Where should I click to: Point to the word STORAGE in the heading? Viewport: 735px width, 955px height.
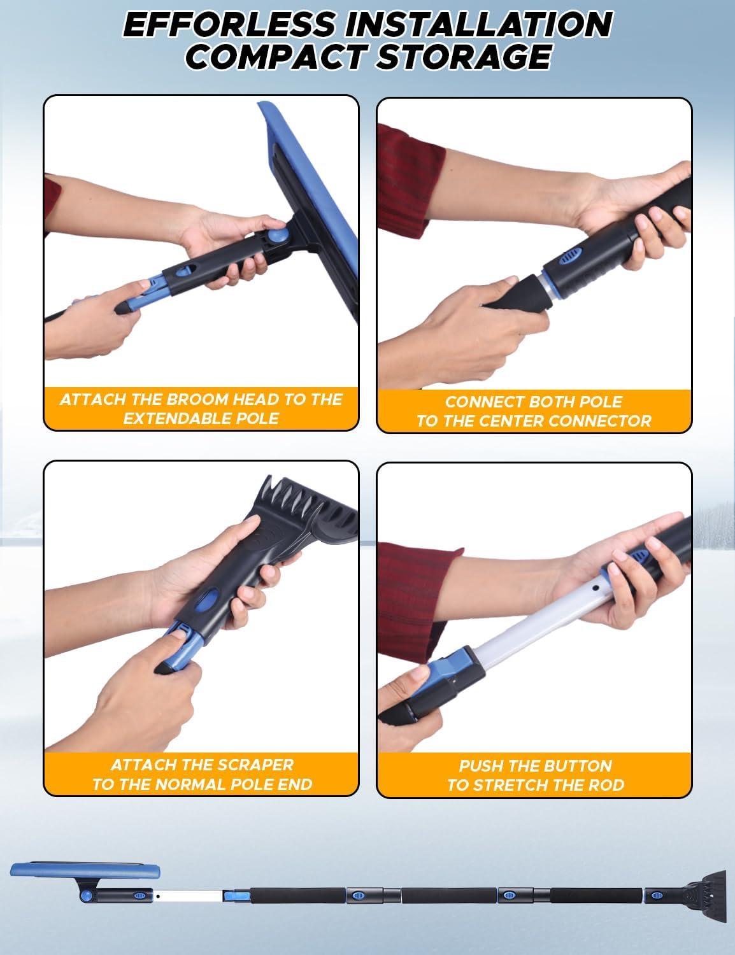(x=464, y=57)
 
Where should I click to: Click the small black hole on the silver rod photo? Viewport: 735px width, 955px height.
(x=595, y=588)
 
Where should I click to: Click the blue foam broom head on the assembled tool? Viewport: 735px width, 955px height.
(x=85, y=870)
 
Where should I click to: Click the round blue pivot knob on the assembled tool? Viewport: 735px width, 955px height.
(x=86, y=895)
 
